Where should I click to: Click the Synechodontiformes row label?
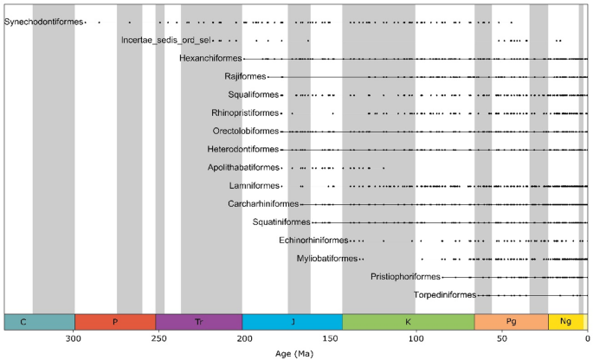[44, 22]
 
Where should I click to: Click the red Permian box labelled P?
[115, 321]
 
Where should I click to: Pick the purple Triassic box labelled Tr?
[199, 321]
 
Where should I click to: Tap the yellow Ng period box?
[566, 321]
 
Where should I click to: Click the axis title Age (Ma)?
[296, 353]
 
